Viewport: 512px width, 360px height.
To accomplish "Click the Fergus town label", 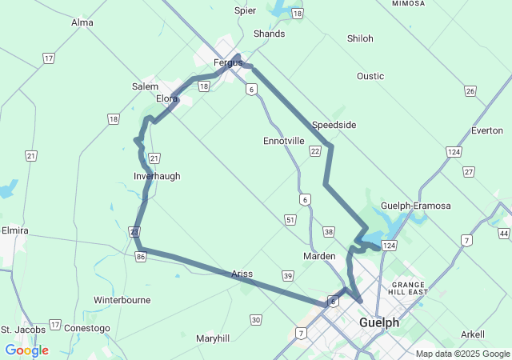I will point(227,62).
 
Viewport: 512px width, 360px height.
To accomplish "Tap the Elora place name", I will point(166,98).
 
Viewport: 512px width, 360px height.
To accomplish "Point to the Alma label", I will point(82,22).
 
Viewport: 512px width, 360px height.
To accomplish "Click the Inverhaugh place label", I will point(157,176).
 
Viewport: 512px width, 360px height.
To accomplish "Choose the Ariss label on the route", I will point(242,274).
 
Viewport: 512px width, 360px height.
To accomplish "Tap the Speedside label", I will point(334,125).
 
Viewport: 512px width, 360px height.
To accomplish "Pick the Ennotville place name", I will point(284,141).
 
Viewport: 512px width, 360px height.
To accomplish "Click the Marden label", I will point(319,256).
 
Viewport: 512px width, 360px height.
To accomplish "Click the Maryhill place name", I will point(213,338).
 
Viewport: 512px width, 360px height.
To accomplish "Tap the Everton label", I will point(487,130).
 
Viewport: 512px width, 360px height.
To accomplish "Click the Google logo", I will point(26,350).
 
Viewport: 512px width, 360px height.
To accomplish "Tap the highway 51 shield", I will point(290,219).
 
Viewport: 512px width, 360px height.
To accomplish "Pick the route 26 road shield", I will point(470,91).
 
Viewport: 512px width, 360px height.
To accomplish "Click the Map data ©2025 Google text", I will point(462,354).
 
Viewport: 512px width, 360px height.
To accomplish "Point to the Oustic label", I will point(370,76).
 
